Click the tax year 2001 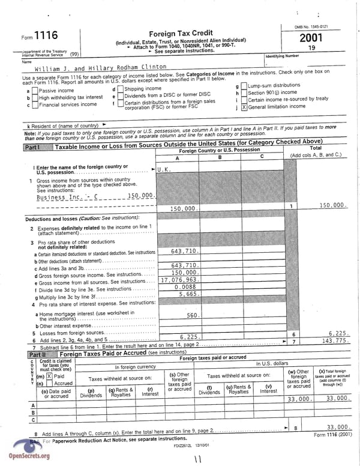tap(310, 38)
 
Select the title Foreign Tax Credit tap(180, 34)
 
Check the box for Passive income tap(35, 91)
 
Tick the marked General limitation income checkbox tap(244, 107)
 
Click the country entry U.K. tap(164, 169)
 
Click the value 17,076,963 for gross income tap(179, 280)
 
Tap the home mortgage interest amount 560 tap(192, 315)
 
